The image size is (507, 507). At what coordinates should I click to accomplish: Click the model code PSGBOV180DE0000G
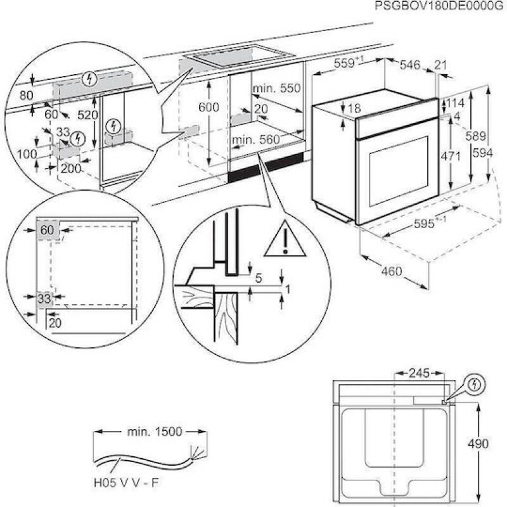(438, 6)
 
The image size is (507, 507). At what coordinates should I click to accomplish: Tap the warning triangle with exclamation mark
(285, 240)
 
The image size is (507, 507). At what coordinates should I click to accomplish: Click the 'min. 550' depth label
(276, 89)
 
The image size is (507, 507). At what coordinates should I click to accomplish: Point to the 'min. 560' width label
(255, 139)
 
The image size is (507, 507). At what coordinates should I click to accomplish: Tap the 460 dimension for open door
(392, 271)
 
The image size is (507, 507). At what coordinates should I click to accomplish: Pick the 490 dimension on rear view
(491, 444)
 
